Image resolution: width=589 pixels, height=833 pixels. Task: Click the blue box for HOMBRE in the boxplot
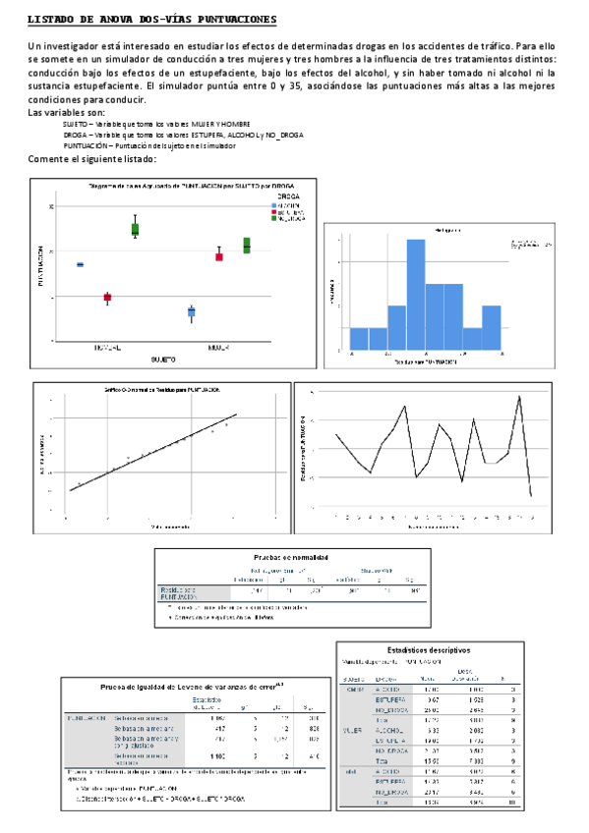(80, 264)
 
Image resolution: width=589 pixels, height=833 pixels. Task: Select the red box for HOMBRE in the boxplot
(107, 297)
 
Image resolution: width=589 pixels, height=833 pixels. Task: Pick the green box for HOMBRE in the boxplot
(135, 229)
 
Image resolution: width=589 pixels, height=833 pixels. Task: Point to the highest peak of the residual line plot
(519, 397)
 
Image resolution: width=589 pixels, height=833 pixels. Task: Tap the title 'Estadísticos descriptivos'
(428, 649)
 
